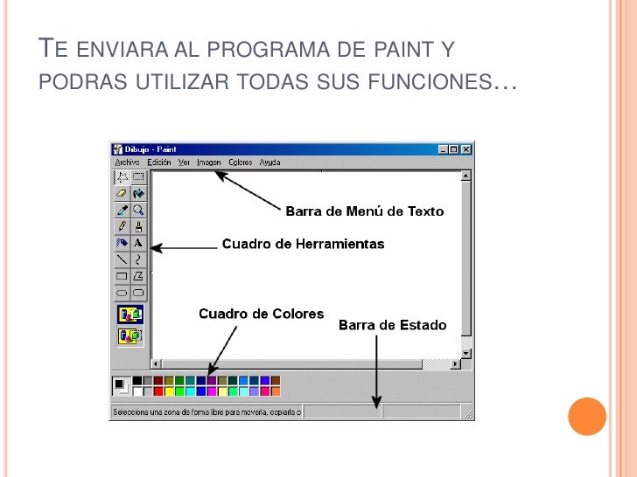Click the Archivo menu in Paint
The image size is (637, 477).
(x=128, y=162)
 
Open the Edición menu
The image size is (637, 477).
(x=159, y=162)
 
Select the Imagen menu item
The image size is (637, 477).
(x=209, y=162)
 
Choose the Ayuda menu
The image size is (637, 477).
(x=270, y=162)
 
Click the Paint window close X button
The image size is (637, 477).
(x=466, y=149)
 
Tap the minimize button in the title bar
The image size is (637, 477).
(x=444, y=149)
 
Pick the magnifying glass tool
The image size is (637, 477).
(x=138, y=210)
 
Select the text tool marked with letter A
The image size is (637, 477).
(x=138, y=243)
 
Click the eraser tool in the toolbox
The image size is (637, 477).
(x=122, y=193)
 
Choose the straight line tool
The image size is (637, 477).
(x=122, y=259)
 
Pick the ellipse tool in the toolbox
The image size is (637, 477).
(x=122, y=293)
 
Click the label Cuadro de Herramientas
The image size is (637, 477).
(x=303, y=244)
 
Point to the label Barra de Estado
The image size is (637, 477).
(x=392, y=325)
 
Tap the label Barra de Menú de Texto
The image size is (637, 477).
(x=365, y=211)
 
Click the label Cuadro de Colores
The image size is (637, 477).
(x=261, y=314)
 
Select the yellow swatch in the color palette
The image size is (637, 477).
(x=170, y=391)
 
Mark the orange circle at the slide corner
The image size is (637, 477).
(x=587, y=417)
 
